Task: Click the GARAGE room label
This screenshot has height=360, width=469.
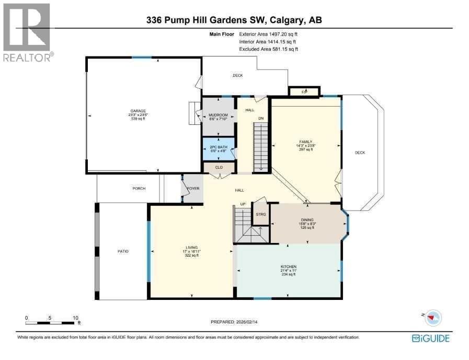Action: [x=138, y=111]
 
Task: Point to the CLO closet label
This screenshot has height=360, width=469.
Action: [x=219, y=168]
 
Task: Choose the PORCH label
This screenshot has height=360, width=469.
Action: [x=139, y=188]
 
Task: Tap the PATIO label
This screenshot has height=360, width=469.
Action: [x=123, y=251]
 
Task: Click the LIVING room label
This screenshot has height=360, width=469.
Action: [x=191, y=249]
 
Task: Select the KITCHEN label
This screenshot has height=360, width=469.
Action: [x=288, y=266]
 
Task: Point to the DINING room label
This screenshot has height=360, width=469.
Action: [x=306, y=220]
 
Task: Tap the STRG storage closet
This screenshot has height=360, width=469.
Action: [x=260, y=214]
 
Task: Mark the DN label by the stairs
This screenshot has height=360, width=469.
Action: [x=260, y=118]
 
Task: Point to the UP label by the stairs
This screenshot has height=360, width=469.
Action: [x=242, y=204]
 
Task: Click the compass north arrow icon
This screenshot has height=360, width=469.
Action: [x=432, y=317]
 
